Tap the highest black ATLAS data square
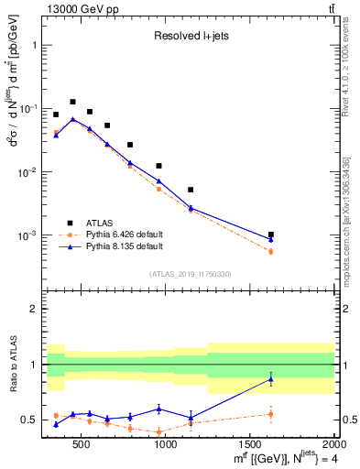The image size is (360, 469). point(72,102)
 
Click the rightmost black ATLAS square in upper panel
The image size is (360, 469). point(270,234)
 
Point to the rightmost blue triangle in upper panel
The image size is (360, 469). point(270,240)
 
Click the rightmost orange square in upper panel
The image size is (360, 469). point(270,251)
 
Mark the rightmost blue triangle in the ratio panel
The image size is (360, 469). point(270,379)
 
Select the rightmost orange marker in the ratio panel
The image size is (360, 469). point(270,414)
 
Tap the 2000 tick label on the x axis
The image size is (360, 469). point(333,444)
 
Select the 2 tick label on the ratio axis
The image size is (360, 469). point(33,310)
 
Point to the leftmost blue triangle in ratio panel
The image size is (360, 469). point(56,424)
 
